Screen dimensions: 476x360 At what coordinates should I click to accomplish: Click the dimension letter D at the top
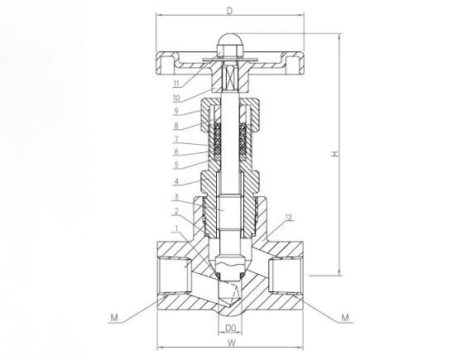click(x=230, y=11)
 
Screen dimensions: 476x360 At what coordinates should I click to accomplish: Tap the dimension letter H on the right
click(x=334, y=154)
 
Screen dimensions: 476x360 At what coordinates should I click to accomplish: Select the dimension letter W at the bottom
click(x=231, y=343)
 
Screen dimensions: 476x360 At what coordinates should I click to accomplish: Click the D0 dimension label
click(x=230, y=328)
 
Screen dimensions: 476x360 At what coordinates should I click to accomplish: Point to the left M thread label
click(x=114, y=318)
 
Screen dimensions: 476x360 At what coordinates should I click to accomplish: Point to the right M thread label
click(x=345, y=318)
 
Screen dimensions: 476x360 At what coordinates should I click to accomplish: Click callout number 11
click(x=176, y=83)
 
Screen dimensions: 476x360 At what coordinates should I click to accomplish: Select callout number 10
click(x=176, y=98)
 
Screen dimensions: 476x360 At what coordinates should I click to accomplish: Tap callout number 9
click(x=176, y=111)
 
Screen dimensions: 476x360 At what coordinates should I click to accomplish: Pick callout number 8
click(x=176, y=125)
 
